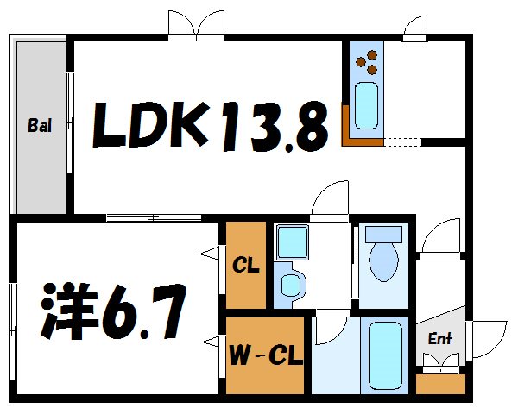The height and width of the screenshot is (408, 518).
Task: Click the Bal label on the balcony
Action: click(x=39, y=126)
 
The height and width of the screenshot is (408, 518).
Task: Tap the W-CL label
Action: click(x=266, y=355)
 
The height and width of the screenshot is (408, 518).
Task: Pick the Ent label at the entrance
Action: click(x=440, y=339)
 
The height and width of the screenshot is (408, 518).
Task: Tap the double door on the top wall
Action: click(x=197, y=26)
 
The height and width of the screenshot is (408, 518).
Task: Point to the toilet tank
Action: click(x=383, y=234)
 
